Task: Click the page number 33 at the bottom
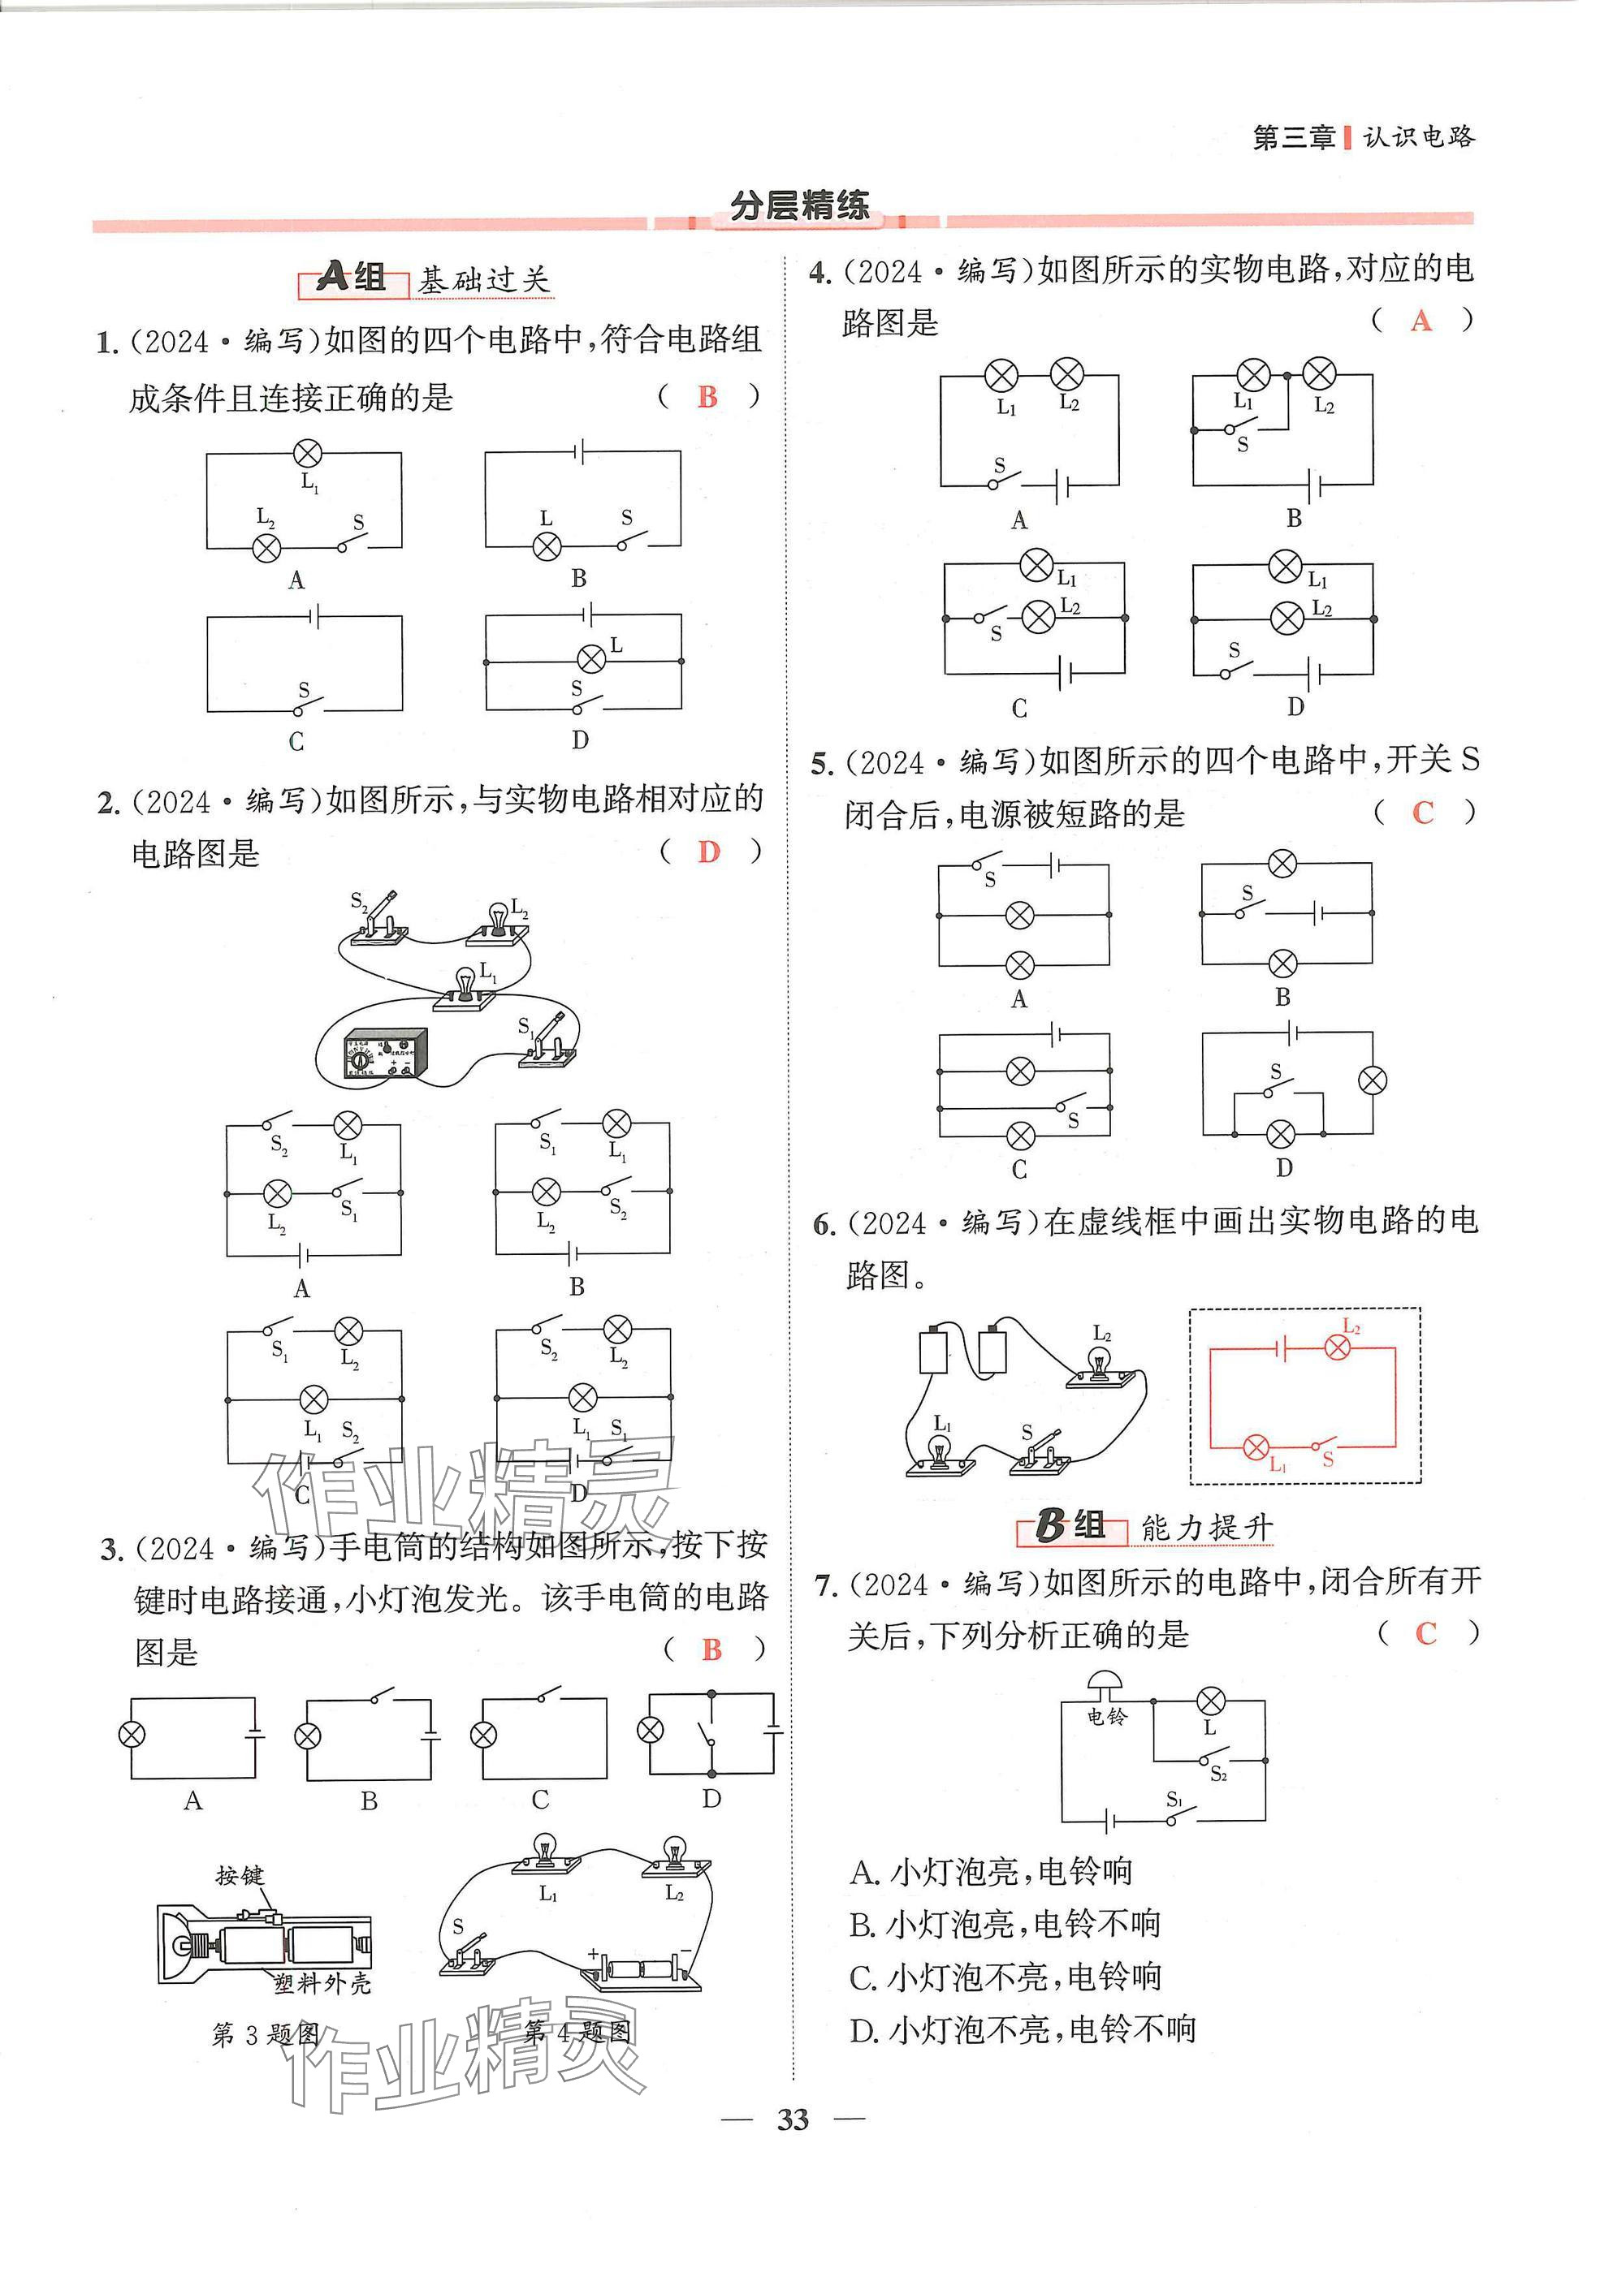pyautogui.click(x=793, y=2120)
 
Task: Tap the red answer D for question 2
pyautogui.click(x=708, y=852)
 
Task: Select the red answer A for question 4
pyautogui.click(x=1421, y=321)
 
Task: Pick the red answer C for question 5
pyautogui.click(x=1423, y=813)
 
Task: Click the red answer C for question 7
pyautogui.click(x=1426, y=1633)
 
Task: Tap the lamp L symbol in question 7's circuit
pyautogui.click(x=1210, y=1700)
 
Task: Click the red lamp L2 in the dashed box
pyautogui.click(x=1338, y=1347)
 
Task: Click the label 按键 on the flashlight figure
pyautogui.click(x=240, y=1876)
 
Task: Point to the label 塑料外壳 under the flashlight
pyautogui.click(x=322, y=1984)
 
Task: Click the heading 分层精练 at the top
pyautogui.click(x=800, y=205)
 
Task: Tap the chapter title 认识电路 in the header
pyautogui.click(x=1418, y=137)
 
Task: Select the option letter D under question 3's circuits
pyautogui.click(x=711, y=1799)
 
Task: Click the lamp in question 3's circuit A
pyautogui.click(x=132, y=1735)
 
